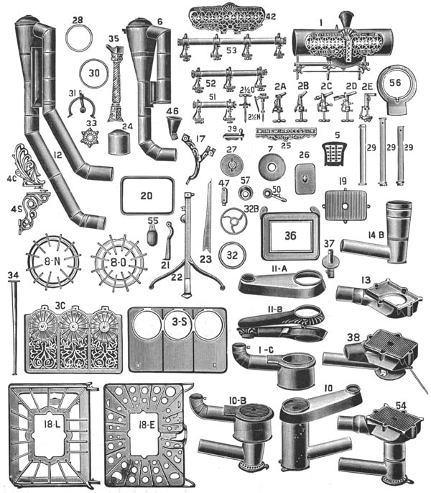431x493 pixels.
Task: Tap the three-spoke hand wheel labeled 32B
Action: pos(231,220)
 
